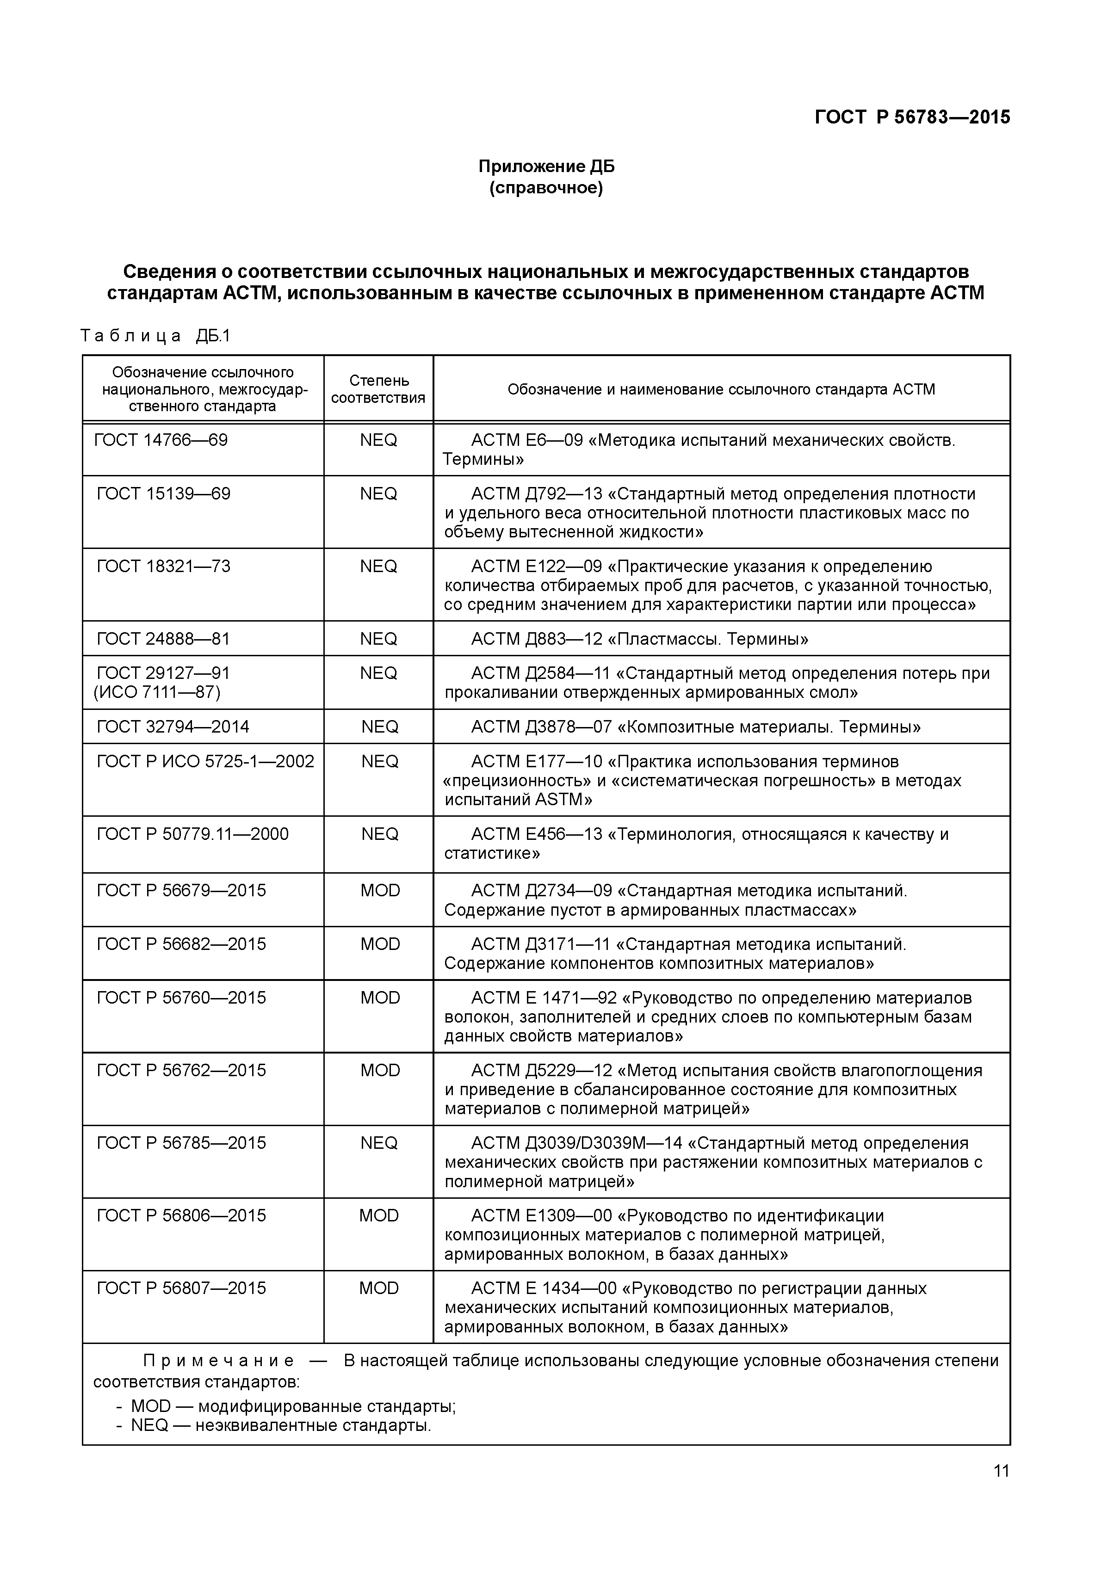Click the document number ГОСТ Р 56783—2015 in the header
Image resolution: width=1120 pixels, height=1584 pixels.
912,117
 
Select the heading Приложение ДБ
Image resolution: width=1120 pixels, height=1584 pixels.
546,166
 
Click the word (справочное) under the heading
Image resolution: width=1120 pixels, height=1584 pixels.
546,188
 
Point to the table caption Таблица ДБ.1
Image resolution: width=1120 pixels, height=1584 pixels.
155,336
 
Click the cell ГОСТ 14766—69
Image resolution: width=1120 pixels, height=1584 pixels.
161,440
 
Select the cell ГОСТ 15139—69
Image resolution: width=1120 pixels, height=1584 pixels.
164,494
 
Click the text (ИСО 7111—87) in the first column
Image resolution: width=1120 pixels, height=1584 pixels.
157,692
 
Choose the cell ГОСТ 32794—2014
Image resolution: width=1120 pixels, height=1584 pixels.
173,727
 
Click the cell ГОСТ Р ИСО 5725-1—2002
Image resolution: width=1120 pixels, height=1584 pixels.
205,762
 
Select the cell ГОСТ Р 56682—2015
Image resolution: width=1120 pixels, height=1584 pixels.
181,944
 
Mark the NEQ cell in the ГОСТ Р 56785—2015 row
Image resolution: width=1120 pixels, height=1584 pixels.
379,1143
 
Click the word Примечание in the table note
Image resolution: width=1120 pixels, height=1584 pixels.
219,1361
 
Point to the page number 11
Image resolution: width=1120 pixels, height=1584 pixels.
1001,1472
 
